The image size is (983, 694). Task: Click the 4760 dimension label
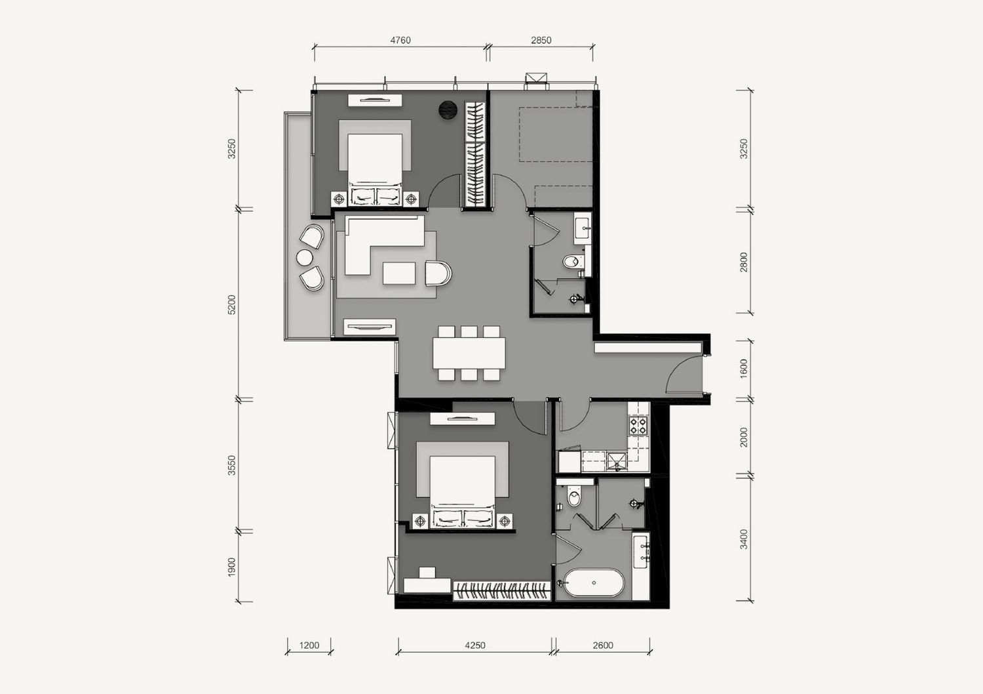400,41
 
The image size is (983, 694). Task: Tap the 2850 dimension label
541,41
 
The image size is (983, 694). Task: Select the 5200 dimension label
232,305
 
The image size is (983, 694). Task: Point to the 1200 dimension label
309,645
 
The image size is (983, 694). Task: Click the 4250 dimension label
475,645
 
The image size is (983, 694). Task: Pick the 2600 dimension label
603,645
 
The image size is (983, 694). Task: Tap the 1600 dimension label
743,369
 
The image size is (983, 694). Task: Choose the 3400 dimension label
743,539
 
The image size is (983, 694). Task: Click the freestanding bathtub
593,583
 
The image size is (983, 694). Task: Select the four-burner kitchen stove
638,426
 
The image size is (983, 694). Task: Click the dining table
469,353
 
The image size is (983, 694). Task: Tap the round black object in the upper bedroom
448,110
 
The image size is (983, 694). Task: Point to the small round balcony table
305,258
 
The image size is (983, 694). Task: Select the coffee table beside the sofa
399,274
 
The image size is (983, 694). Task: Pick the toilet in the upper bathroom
573,262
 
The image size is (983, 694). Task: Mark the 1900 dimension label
232,567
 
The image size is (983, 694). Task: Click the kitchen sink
617,461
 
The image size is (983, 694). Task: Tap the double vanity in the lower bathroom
641,552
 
